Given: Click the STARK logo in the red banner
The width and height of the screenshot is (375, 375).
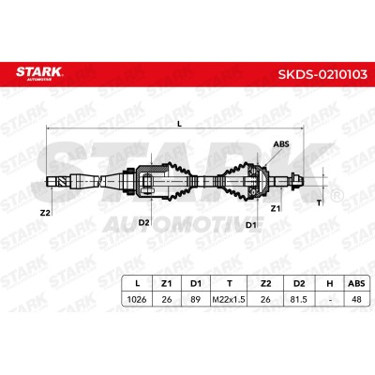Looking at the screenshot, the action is tap(39, 73).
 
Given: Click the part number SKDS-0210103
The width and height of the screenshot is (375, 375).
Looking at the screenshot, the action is tap(322, 74).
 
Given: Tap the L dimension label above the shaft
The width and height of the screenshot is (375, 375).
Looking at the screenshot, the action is tap(179, 124).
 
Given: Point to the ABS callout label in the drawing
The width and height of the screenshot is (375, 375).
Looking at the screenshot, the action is tap(281, 144).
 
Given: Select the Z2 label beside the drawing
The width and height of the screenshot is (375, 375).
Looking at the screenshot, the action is tap(45, 213).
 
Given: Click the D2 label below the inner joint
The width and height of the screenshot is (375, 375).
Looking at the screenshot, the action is tap(143, 222).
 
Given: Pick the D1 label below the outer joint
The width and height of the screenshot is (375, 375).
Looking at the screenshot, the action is tap(250, 225).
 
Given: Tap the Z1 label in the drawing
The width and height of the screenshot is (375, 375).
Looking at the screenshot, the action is tap(276, 208).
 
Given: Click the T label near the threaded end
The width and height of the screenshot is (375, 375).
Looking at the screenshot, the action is tap(319, 202).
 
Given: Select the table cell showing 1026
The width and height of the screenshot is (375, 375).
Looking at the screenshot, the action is tap(137, 299).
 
